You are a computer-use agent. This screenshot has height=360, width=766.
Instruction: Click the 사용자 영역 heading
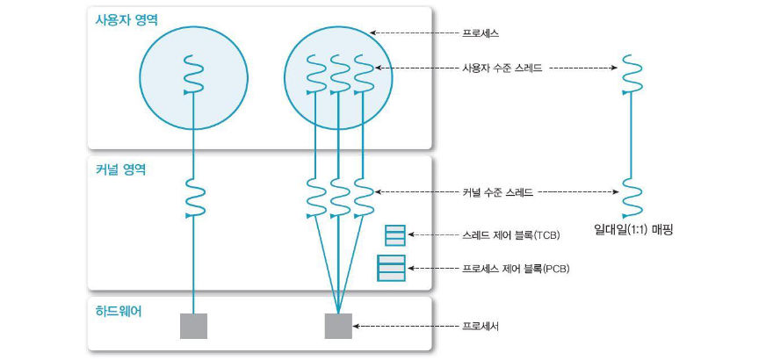(126, 20)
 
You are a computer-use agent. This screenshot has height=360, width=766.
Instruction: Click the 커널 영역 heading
(120, 169)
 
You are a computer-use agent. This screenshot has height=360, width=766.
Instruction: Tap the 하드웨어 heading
(119, 311)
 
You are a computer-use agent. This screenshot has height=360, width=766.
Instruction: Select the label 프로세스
(481, 32)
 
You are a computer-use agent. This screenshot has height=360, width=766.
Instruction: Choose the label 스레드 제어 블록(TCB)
(510, 235)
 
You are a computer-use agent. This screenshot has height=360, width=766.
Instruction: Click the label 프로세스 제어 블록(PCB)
(516, 268)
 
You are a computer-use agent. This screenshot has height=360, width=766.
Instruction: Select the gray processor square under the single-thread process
(193, 326)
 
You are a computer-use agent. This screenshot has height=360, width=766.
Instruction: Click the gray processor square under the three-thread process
(338, 326)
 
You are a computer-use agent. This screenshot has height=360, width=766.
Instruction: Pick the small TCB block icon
(395, 234)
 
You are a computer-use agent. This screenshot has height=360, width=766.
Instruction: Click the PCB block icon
(392, 268)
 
